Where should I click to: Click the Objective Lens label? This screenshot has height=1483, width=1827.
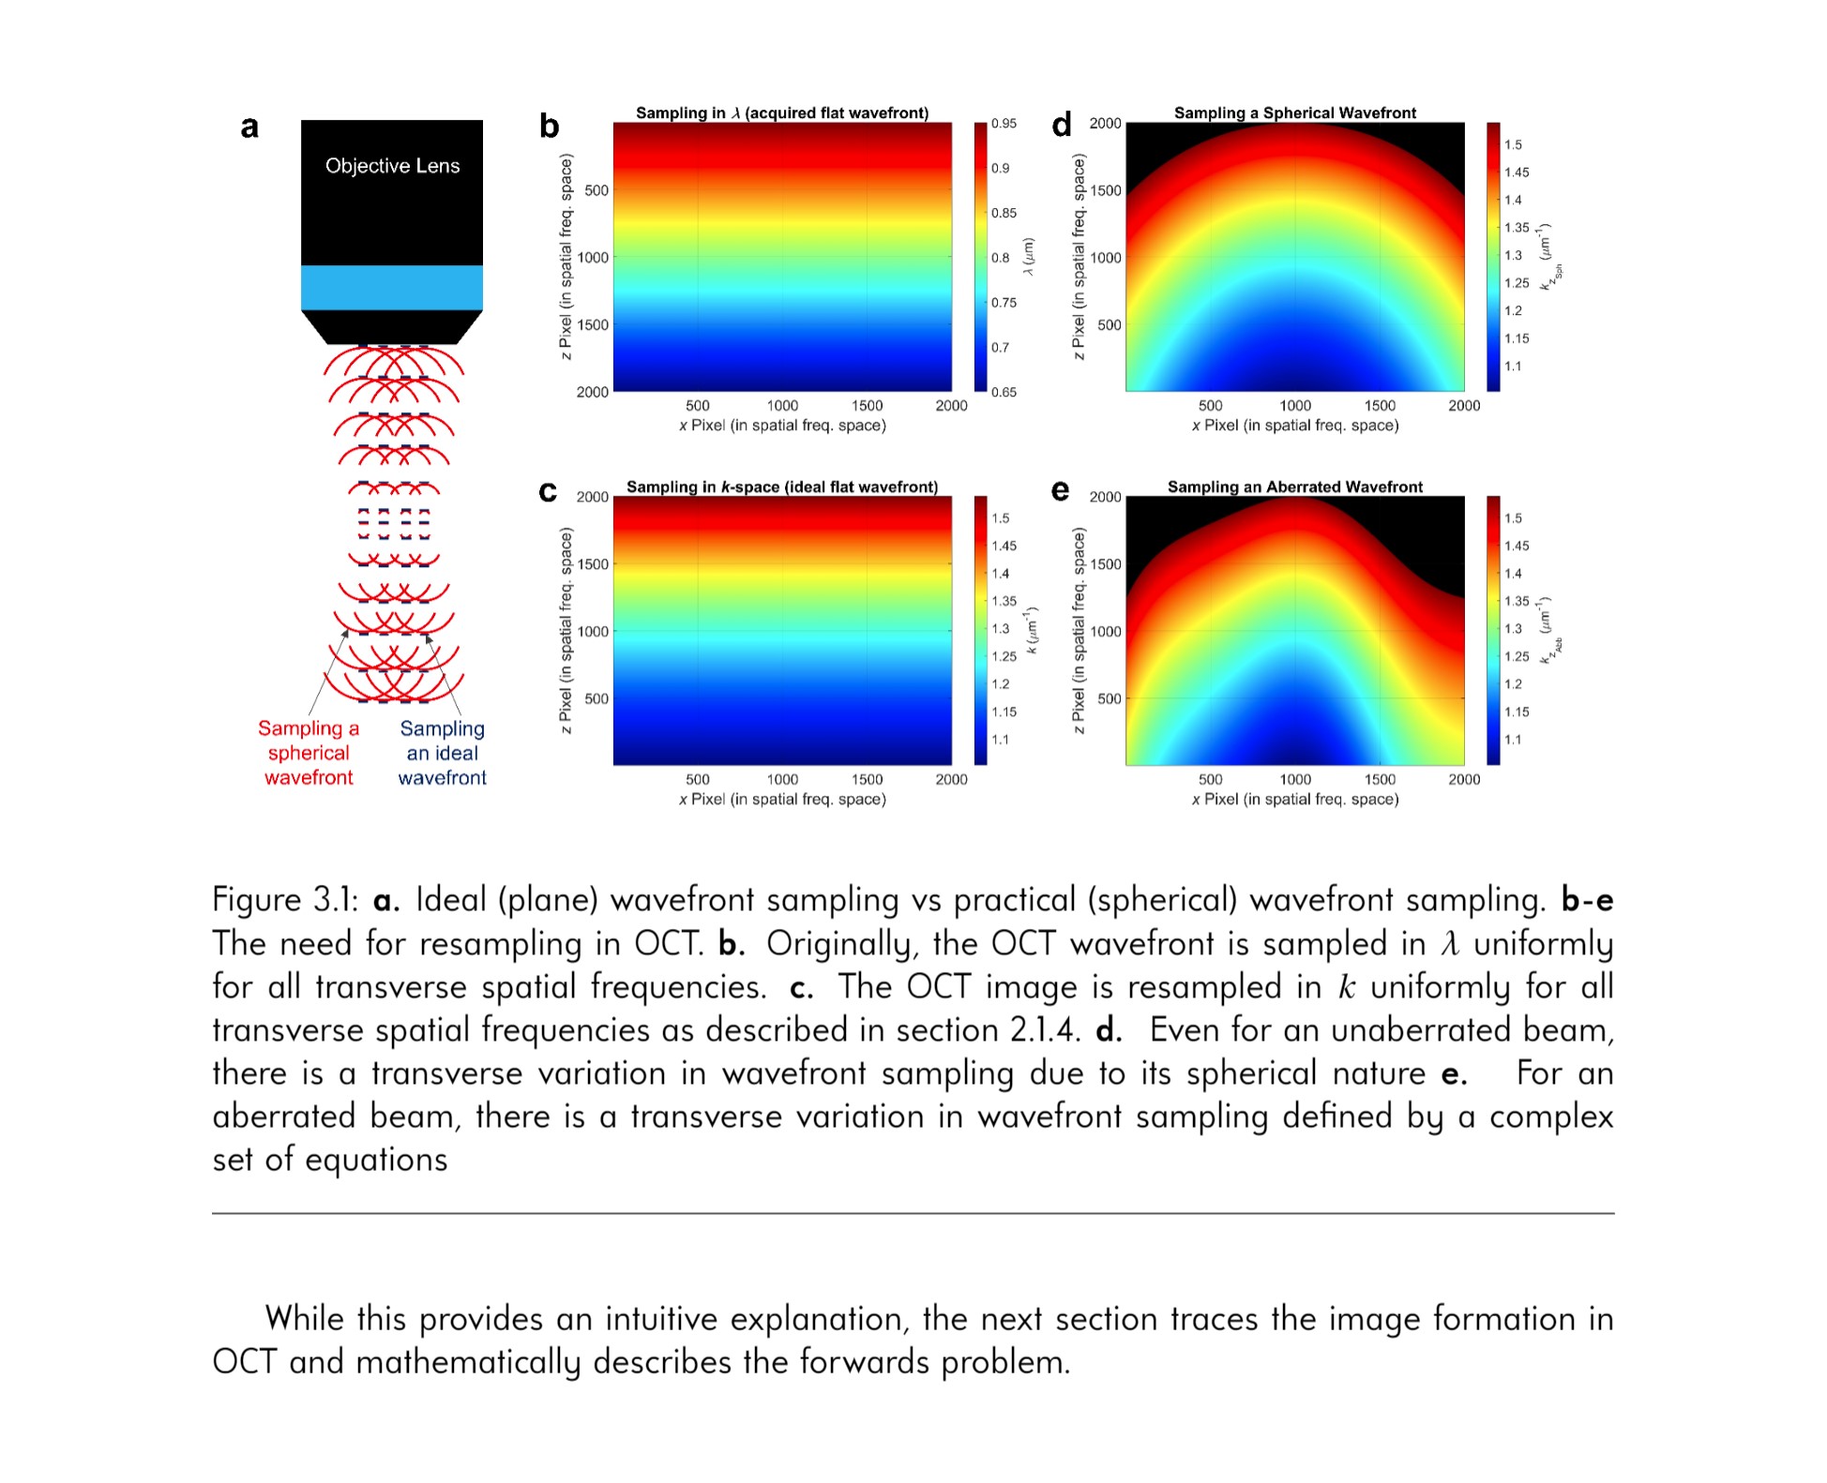click(392, 166)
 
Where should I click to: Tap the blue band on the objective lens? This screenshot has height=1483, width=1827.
click(392, 287)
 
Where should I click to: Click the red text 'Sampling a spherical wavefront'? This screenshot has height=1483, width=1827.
click(309, 753)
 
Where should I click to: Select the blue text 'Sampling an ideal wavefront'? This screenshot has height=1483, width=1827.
click(442, 753)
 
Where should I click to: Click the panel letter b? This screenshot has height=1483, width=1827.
click(549, 126)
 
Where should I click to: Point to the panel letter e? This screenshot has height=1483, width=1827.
click(1060, 490)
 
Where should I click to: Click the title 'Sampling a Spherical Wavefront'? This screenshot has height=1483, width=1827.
click(1294, 112)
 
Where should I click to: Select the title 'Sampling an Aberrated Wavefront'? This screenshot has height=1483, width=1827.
click(1294, 487)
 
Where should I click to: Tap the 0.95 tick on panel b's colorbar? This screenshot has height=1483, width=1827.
click(1004, 124)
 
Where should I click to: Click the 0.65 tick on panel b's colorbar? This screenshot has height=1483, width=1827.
click(1004, 392)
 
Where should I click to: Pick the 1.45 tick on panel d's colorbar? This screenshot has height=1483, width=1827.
click(1516, 172)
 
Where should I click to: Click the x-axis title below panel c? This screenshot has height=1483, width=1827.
click(782, 799)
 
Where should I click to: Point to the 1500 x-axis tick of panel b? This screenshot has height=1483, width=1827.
click(867, 406)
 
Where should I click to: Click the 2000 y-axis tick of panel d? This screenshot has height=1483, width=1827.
click(1105, 124)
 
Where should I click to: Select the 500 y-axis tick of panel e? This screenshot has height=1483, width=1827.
click(1109, 698)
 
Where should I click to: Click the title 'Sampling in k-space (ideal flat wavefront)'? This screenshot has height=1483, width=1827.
click(782, 487)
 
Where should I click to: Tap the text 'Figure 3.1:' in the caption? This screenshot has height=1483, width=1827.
click(285, 900)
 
